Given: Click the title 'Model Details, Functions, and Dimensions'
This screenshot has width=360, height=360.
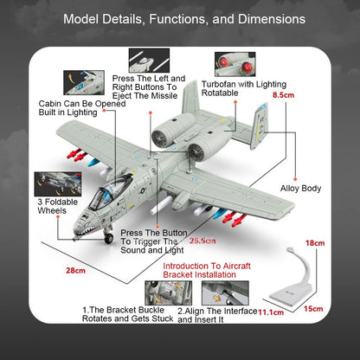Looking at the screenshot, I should point(180,18).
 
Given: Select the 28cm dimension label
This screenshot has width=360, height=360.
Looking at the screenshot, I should point(76,271).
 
